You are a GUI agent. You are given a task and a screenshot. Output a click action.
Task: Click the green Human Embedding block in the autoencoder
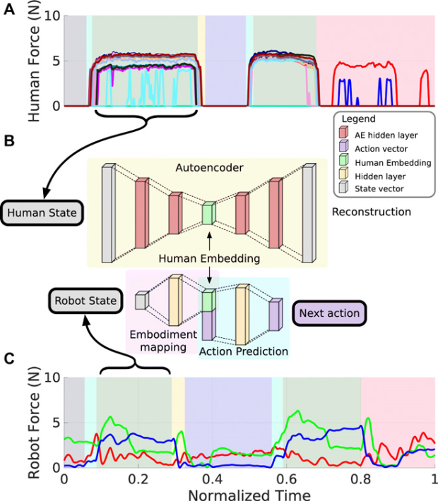[x=208, y=214]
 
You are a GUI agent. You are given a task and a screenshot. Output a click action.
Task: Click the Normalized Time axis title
[x=249, y=494]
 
